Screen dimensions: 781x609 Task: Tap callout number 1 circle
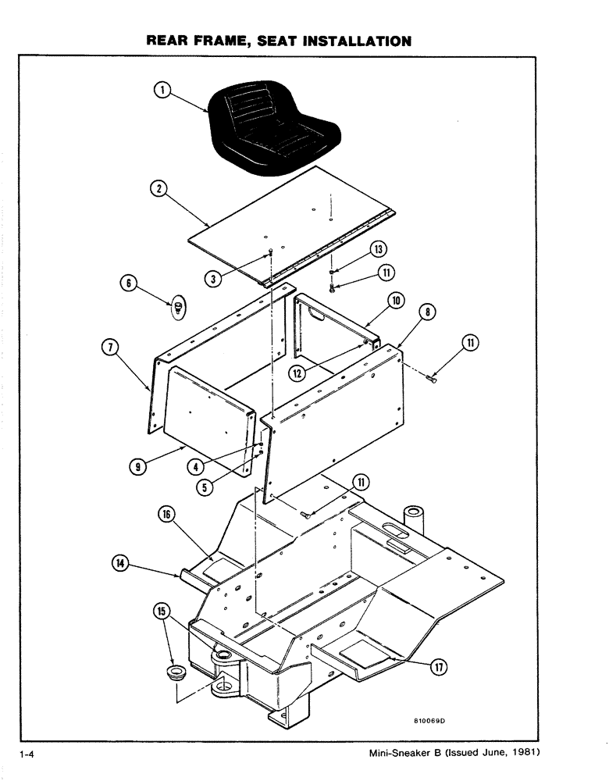click(x=161, y=91)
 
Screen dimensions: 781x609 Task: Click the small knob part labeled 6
click(x=178, y=307)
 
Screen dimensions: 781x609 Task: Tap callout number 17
click(x=442, y=666)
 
